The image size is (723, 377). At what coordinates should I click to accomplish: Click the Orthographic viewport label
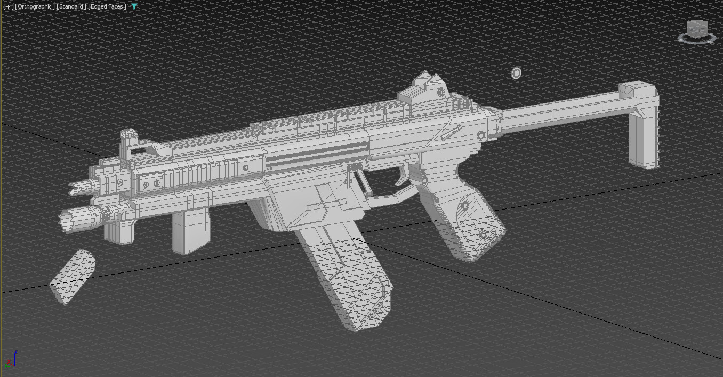(35, 6)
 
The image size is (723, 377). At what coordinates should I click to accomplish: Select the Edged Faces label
(107, 6)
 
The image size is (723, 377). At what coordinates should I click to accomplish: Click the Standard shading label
(71, 6)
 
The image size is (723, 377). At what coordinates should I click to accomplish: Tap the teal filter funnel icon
(134, 6)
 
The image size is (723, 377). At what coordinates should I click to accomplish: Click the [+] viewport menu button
(8, 6)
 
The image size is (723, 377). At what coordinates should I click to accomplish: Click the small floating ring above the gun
(516, 73)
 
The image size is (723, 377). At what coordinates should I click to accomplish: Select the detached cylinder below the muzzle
(73, 276)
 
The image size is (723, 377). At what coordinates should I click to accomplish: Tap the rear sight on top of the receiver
(429, 85)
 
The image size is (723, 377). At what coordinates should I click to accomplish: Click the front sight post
(127, 140)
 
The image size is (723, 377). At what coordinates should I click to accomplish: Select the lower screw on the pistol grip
(483, 234)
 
